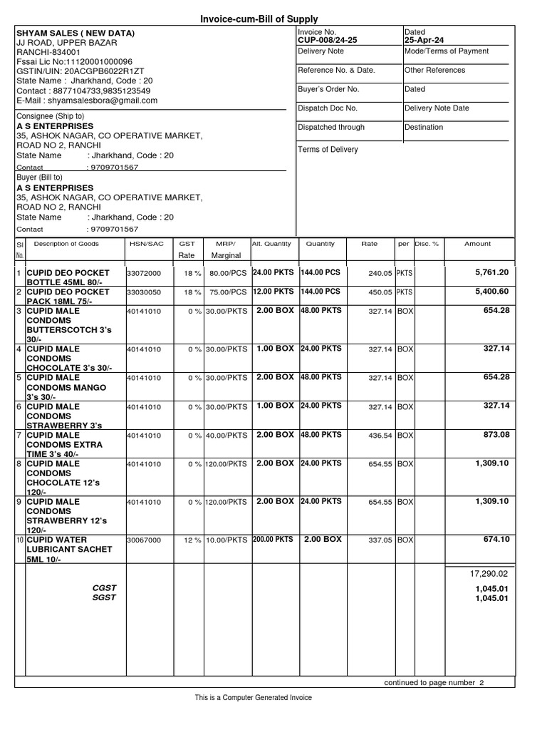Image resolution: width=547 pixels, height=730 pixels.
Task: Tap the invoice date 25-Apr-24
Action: [x=424, y=41]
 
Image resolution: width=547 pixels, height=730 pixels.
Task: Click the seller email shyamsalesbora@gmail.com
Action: [x=87, y=101]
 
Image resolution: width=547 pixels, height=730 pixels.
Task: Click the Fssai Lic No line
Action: [x=74, y=62]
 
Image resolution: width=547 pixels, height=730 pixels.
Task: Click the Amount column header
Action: [x=477, y=244]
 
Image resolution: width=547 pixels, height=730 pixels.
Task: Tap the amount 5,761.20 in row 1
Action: [x=492, y=272]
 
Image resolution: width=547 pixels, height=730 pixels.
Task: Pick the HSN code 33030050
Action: [x=144, y=292]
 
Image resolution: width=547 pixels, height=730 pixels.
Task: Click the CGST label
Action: [x=104, y=588]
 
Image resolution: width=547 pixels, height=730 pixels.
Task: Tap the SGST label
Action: [x=104, y=598]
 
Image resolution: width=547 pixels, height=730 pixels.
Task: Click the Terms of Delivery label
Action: [x=328, y=150]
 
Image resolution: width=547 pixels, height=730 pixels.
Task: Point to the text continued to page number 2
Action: [x=434, y=682]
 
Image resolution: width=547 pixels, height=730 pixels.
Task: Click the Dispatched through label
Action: [x=331, y=128]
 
